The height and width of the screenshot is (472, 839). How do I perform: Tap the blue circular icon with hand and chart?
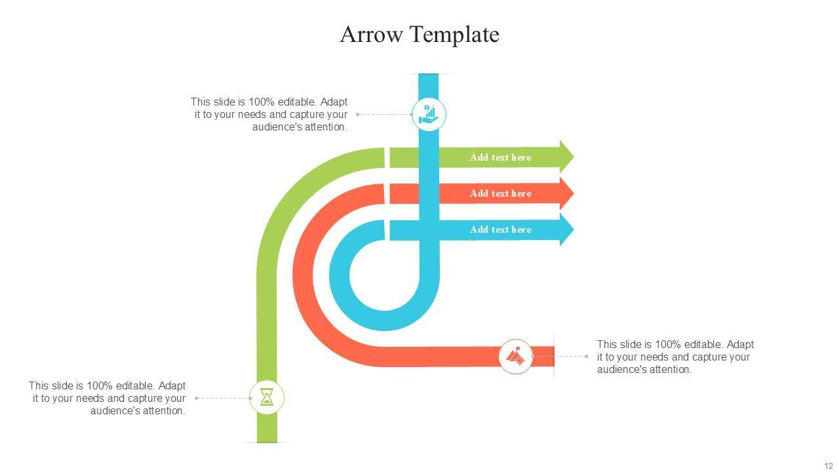429,114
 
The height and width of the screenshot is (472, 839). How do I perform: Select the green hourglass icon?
267,397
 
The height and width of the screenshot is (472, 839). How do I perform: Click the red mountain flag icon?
516,357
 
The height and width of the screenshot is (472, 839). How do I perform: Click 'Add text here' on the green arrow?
500,157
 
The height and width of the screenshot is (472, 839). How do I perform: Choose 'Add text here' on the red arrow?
500,193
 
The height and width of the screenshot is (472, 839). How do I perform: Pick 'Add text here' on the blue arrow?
500,229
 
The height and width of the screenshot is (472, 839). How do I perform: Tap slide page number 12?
829,466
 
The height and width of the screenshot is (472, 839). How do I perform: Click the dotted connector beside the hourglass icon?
223,398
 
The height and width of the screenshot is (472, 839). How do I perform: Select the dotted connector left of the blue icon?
384,114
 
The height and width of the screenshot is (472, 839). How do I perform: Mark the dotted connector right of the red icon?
560,357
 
